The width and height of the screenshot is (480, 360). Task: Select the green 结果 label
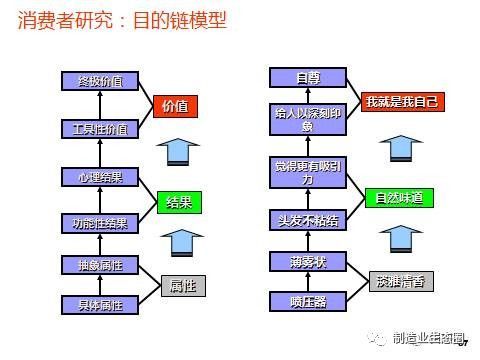pos(179,201)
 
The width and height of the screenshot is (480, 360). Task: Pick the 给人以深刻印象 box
pos(307,120)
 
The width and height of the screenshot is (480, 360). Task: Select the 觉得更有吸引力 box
pos(307,173)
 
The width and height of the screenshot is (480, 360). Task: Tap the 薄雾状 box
pos(307,262)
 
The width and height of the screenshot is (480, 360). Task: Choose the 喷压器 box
pos(307,301)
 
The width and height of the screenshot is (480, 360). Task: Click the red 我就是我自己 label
pos(402,101)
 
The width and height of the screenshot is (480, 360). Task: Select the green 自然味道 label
pos(400,198)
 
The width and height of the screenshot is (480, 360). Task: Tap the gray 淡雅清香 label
pos(401,281)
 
